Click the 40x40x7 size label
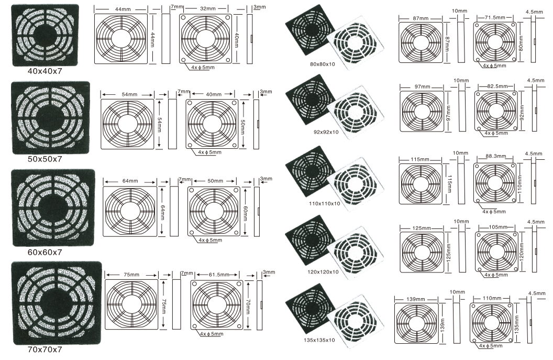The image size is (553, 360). tap(45, 71)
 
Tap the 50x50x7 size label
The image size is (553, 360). tap(45, 159)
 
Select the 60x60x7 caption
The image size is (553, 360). tap(45, 252)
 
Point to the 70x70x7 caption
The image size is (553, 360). tap(45, 350)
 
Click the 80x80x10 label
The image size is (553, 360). tap(323, 64)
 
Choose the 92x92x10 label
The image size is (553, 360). tap(326, 132)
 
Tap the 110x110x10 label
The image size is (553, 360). tap(325, 203)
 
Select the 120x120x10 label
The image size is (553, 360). tap(323, 272)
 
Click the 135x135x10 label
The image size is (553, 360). tap(319, 340)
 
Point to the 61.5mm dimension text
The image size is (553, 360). tap(219, 274)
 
